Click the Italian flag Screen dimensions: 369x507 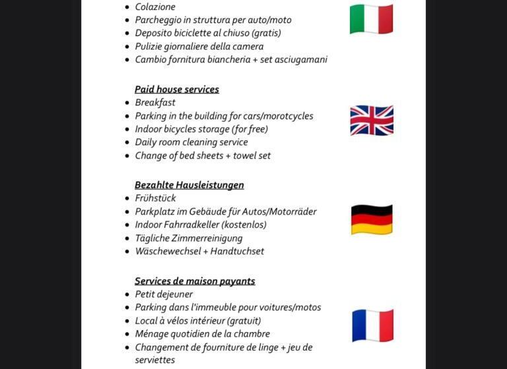pos(371,19)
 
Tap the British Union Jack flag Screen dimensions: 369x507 pos(372,121)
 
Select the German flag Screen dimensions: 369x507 pos(372,219)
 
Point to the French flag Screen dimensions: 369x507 pos(372,326)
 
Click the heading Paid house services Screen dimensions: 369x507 pos(177,90)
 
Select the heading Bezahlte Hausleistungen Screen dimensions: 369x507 pos(189,185)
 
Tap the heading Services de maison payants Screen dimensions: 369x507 pos(195,281)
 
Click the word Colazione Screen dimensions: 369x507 pos(155,7)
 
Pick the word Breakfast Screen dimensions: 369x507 pos(155,103)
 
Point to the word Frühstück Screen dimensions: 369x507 pos(155,198)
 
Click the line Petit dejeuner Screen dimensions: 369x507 pos(164,295)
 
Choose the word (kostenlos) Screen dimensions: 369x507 pos(244,225)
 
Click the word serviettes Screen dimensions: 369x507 pos(155,360)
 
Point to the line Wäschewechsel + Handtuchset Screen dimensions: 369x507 pos(199,252)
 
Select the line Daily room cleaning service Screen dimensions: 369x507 pos(191,142)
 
